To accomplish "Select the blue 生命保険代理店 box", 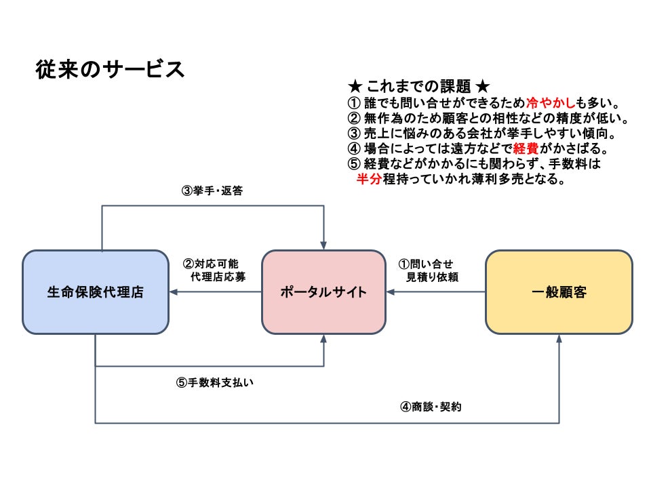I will point(95,292).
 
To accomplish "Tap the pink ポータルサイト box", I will point(324,292).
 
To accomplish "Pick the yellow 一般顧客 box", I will point(559,292).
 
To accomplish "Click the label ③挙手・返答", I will point(212,190).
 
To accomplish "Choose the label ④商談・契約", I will point(431,407).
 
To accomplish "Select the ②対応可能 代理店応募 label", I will point(214,270).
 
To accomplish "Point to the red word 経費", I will point(527,148).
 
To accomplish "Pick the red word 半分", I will point(370,180).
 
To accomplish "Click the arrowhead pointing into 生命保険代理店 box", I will point(174,292).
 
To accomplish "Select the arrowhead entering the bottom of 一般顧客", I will point(559,339).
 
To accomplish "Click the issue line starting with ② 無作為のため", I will point(487,119).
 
